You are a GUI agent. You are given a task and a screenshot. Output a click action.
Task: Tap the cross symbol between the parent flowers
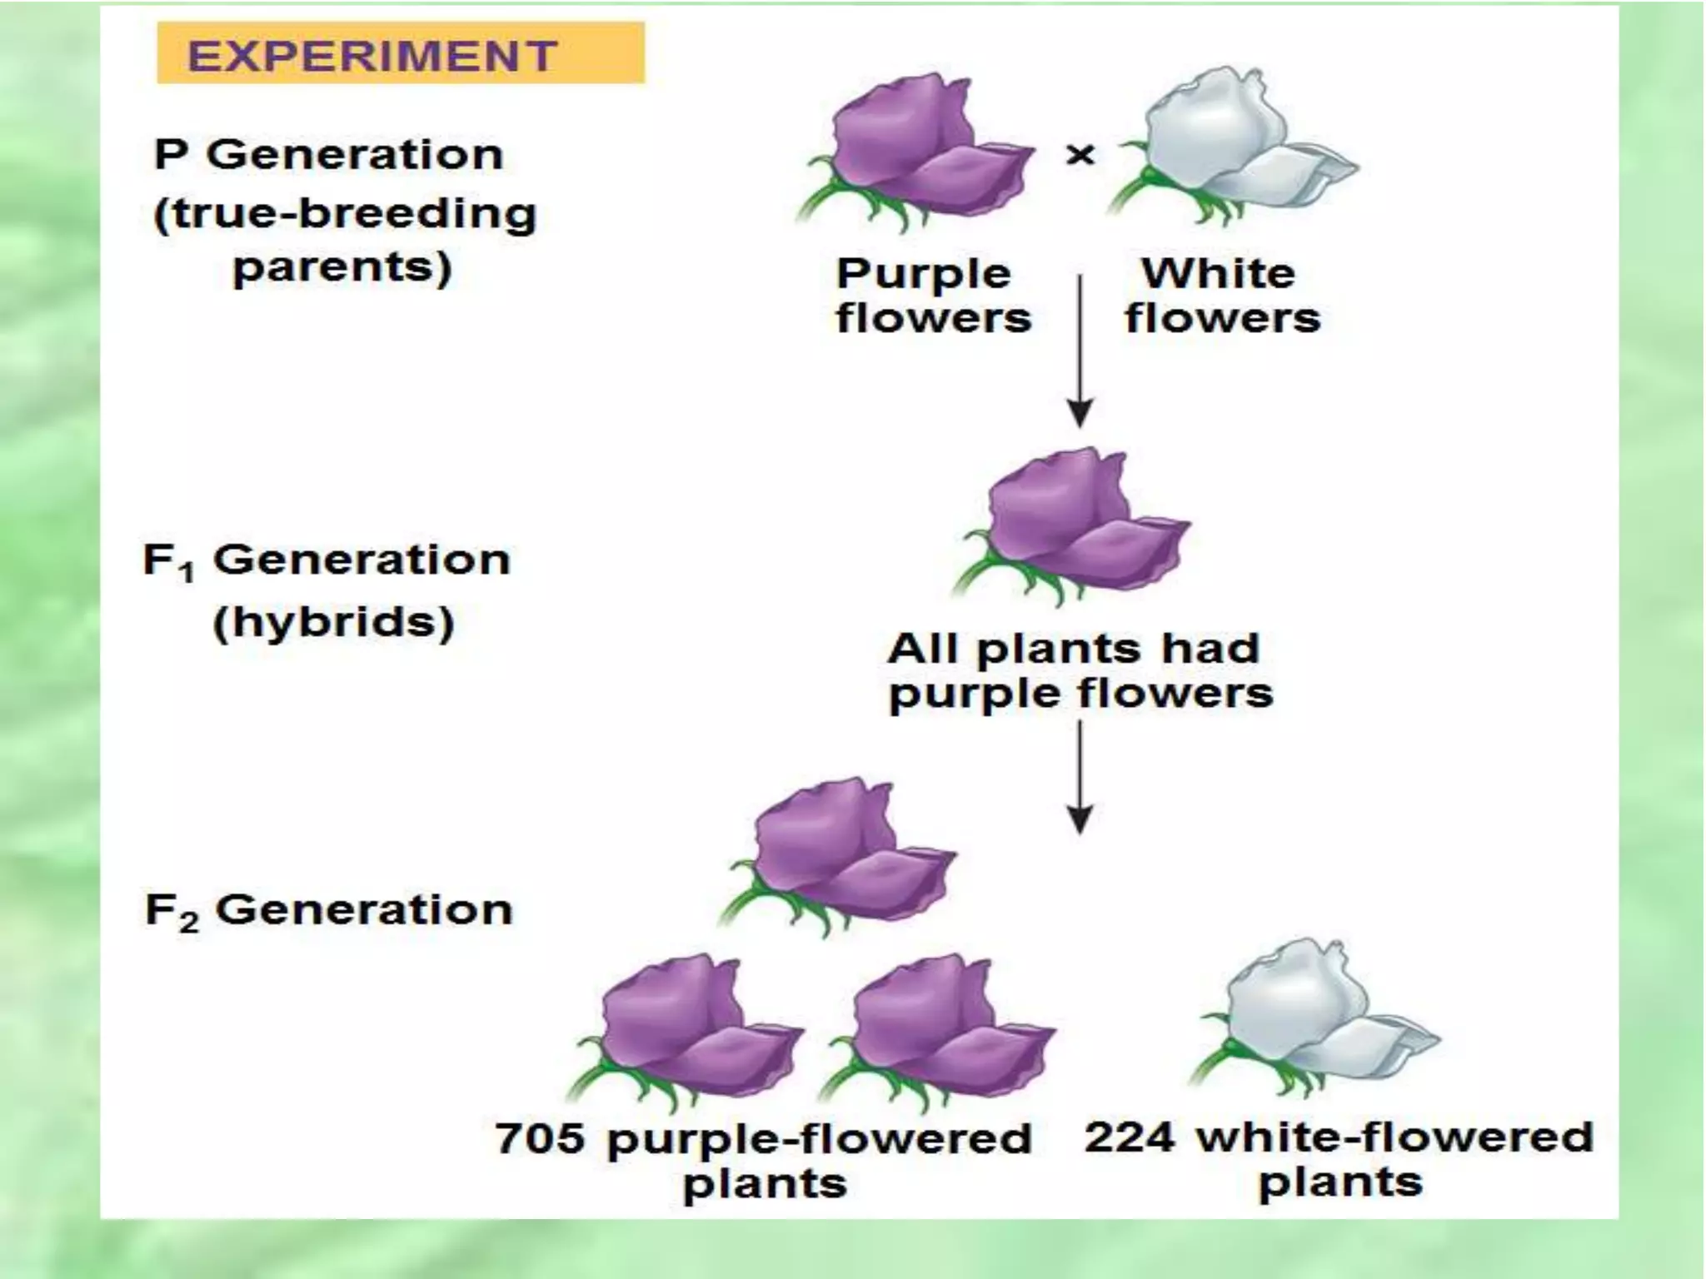[1080, 155]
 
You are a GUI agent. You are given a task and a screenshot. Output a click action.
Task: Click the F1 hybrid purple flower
[1074, 525]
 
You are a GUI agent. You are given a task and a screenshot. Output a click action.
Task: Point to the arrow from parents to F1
[1080, 350]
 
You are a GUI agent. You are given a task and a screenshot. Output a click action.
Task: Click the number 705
[540, 1137]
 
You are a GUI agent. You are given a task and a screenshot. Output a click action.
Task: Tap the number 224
[1130, 1137]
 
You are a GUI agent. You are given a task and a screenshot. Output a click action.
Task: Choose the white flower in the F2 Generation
[1316, 1020]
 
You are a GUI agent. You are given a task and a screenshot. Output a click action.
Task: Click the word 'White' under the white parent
[1219, 273]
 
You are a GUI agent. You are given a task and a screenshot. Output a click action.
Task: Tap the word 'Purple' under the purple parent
[924, 274]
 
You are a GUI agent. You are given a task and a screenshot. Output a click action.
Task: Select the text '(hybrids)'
[334, 622]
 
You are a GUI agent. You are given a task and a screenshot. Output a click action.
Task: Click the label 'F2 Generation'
[329, 910]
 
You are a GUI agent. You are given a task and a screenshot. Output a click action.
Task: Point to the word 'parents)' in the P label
[342, 268]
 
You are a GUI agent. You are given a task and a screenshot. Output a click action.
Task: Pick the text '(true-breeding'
[345, 214]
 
